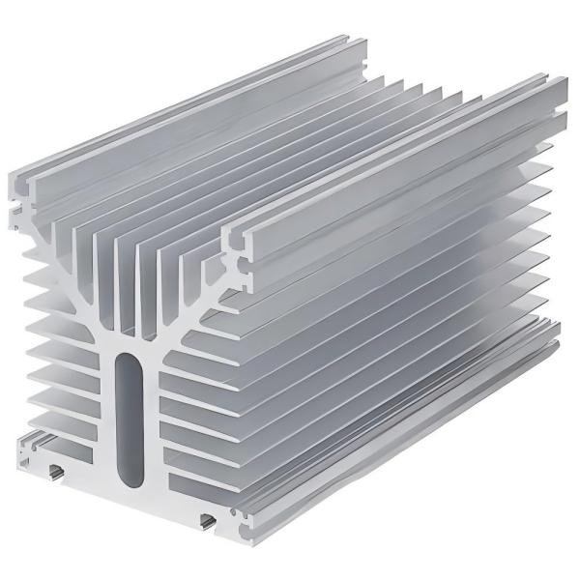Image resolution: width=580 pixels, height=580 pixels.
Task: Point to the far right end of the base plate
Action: click(x=559, y=333)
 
